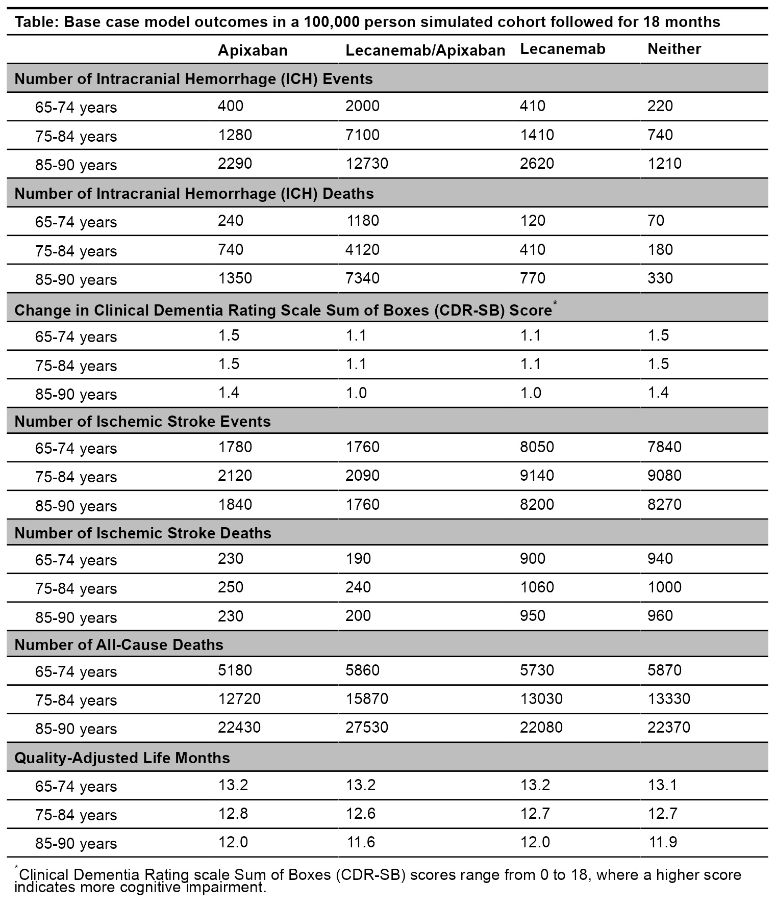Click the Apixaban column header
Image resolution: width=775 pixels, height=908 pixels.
click(253, 50)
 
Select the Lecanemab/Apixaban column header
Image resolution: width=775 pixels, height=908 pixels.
click(425, 50)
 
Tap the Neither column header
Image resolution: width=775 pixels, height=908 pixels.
click(674, 49)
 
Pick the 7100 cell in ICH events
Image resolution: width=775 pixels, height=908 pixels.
click(362, 135)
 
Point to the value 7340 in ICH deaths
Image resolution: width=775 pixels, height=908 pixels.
click(362, 278)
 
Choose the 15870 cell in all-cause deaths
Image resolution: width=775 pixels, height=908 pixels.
click(366, 698)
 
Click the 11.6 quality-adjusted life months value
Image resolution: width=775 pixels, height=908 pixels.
click(360, 841)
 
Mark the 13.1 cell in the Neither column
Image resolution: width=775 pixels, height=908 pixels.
click(662, 784)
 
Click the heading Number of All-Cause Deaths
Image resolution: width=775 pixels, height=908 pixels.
click(119, 644)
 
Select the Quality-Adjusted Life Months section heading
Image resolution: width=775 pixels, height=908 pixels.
click(122, 758)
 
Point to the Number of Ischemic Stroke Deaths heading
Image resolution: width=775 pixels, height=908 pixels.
click(142, 533)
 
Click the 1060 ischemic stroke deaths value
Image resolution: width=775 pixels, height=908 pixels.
click(537, 587)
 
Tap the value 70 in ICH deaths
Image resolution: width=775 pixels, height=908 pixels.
click(656, 220)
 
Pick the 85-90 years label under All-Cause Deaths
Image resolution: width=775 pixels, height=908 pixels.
click(76, 729)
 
